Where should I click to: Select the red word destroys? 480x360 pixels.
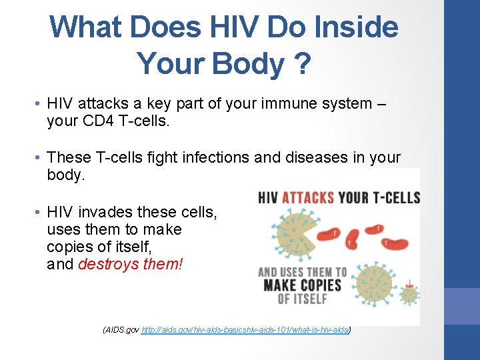[109, 264]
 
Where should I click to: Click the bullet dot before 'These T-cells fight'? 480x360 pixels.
[39, 158]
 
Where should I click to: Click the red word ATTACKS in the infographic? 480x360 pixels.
[309, 198]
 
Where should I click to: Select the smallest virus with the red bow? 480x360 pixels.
[409, 294]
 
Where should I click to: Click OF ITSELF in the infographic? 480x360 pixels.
[301, 299]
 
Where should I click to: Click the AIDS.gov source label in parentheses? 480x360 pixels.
[122, 329]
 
